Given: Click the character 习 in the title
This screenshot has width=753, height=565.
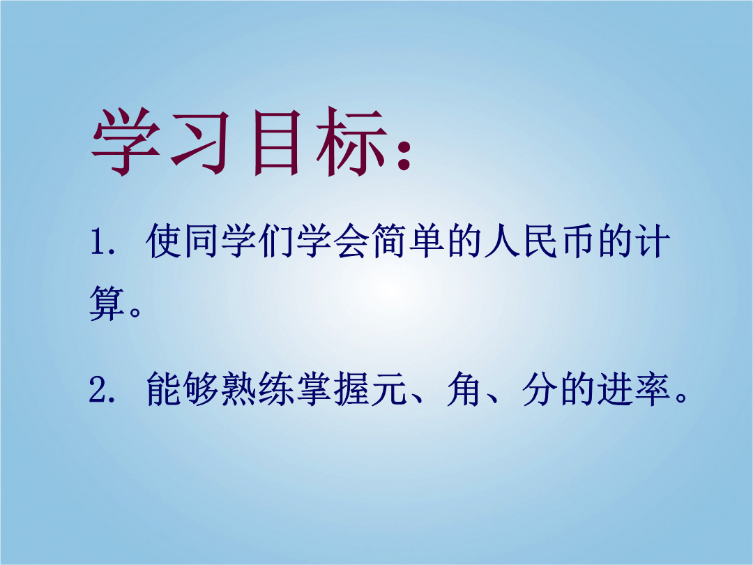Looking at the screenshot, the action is tap(199, 142).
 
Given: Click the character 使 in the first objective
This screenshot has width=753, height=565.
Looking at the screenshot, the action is tap(163, 240).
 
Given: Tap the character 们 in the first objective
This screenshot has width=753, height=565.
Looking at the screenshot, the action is tap(275, 240).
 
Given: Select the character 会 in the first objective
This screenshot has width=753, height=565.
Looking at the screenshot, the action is tap(351, 240).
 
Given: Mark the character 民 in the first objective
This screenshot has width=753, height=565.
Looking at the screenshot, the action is tap(540, 240).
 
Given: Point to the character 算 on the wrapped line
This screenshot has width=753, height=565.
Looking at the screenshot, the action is tap(107, 303).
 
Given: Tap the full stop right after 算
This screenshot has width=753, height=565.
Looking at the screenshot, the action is tap(135, 312).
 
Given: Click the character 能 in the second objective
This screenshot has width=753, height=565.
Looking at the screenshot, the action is tap(163, 389).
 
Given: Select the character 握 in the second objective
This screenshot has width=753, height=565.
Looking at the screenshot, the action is tap(351, 389).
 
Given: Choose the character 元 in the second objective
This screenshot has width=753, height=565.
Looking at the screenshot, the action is tap(389, 389).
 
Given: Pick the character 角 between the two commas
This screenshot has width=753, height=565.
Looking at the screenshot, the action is tap(464, 389).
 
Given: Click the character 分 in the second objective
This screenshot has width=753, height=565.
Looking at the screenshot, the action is tap(539, 389).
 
